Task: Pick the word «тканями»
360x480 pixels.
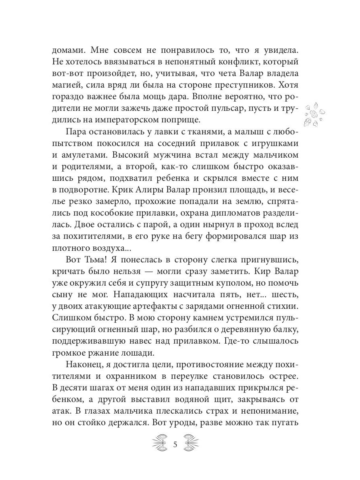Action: click(x=199, y=133)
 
